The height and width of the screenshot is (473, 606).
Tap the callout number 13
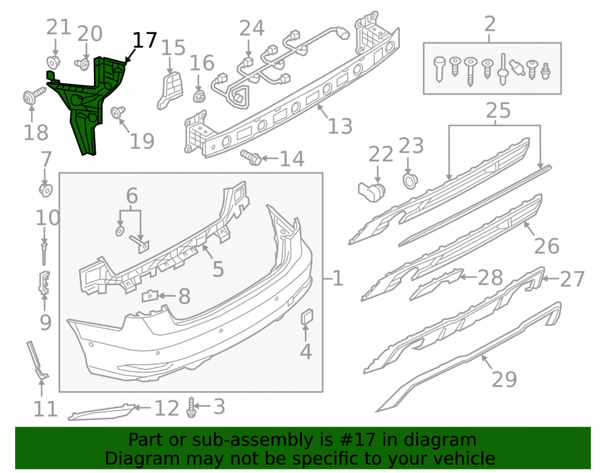pyautogui.click(x=340, y=126)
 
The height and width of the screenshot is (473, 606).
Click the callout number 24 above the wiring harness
pyautogui.click(x=251, y=28)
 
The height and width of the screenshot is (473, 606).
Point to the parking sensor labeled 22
pyautogui.click(x=371, y=191)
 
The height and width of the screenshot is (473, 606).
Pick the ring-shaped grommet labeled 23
pyautogui.click(x=410, y=181)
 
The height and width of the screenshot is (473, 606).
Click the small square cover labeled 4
pyautogui.click(x=307, y=317)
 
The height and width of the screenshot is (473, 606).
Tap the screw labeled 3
pyautogui.click(x=190, y=408)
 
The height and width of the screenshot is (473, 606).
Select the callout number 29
pyautogui.click(x=504, y=379)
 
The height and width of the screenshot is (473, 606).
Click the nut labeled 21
pyautogui.click(x=53, y=62)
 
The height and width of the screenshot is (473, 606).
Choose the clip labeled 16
pyautogui.click(x=199, y=96)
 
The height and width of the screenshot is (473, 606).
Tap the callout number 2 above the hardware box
pyautogui.click(x=490, y=24)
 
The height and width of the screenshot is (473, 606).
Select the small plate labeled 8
pyautogui.click(x=150, y=296)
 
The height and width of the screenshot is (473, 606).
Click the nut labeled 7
pyautogui.click(x=46, y=190)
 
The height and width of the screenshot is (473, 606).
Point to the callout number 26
pyautogui.click(x=547, y=246)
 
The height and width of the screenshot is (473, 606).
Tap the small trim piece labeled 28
pyautogui.click(x=436, y=284)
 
